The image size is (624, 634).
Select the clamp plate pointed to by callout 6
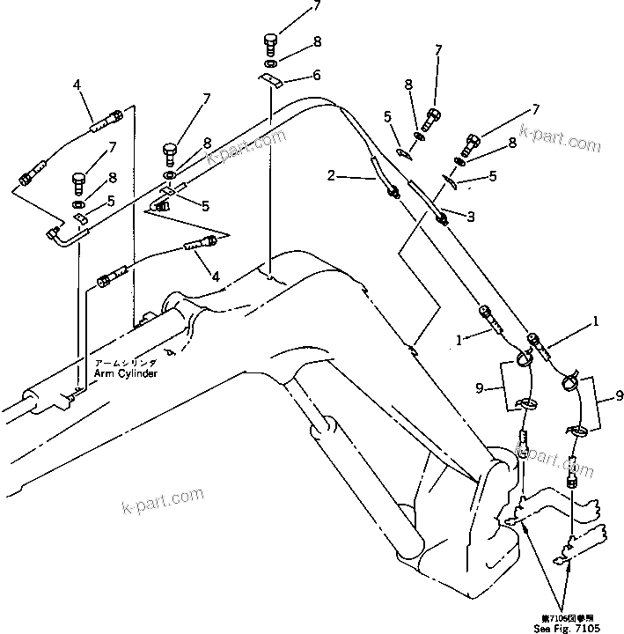click(x=271, y=81)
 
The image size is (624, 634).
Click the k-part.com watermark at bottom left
click(x=161, y=502)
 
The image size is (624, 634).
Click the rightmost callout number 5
click(x=494, y=177)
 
